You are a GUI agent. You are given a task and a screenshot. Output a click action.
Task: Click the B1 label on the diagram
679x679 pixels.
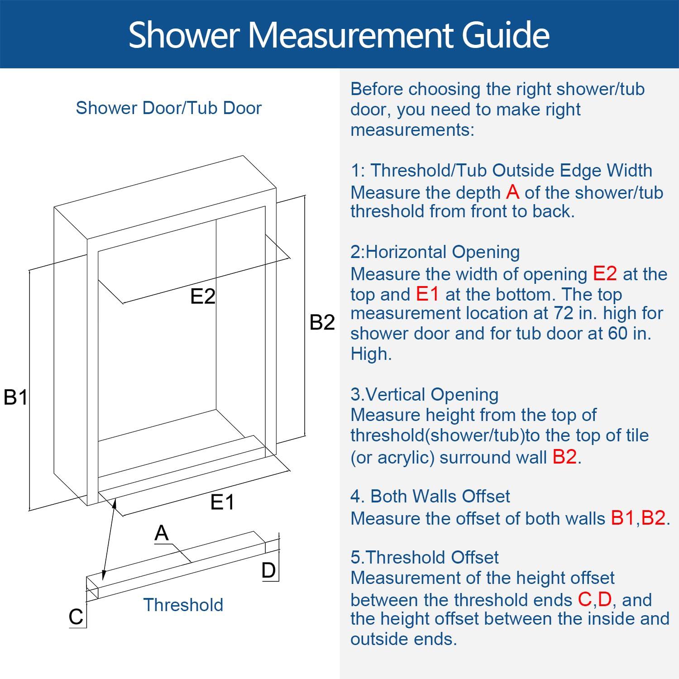pyautogui.click(x=15, y=397)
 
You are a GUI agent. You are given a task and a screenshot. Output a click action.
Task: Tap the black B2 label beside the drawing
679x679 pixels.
pyautogui.click(x=322, y=322)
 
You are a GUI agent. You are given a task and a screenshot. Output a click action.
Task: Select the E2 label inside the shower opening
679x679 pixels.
pyautogui.click(x=202, y=296)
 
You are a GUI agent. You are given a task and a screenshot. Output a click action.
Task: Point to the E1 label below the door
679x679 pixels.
pyautogui.click(x=222, y=502)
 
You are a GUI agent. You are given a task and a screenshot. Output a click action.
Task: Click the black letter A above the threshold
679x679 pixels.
pyautogui.click(x=161, y=533)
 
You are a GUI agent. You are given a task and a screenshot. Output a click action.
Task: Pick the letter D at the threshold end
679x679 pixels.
pyautogui.click(x=268, y=570)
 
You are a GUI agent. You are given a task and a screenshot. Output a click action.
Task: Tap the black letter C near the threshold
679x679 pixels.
pyautogui.click(x=76, y=617)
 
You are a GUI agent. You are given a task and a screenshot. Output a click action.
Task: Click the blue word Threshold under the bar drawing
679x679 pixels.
pyautogui.click(x=183, y=605)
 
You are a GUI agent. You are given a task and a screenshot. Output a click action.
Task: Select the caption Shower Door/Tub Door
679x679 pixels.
pyautogui.click(x=168, y=108)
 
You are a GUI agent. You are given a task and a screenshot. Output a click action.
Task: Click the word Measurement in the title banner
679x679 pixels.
pyautogui.click(x=352, y=34)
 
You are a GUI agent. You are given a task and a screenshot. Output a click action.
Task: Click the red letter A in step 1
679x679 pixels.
pyautogui.click(x=512, y=192)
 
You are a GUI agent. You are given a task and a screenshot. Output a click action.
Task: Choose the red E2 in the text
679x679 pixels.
pyautogui.click(x=605, y=273)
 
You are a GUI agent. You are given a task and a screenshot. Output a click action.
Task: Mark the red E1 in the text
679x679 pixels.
pyautogui.click(x=427, y=294)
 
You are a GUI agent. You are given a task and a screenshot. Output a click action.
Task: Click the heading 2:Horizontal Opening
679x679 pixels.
pyautogui.click(x=435, y=252)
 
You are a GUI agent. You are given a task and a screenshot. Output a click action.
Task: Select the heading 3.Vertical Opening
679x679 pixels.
pyautogui.click(x=424, y=394)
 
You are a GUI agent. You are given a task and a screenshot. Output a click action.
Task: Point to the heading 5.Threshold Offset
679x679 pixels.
pyautogui.click(x=424, y=557)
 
